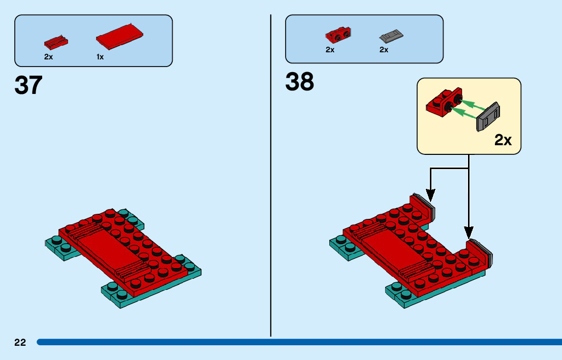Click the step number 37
(x=28, y=85)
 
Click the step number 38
(x=300, y=82)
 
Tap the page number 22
(x=20, y=343)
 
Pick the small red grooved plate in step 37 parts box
(x=56, y=41)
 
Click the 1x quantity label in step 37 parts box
(x=100, y=57)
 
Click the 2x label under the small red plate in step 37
(x=48, y=57)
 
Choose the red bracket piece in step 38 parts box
(x=338, y=35)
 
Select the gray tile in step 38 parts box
(x=391, y=36)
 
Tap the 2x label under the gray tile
(x=384, y=50)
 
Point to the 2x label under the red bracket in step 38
(x=330, y=50)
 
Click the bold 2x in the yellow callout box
(x=503, y=141)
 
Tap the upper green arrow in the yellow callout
(x=470, y=104)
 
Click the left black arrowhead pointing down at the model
(x=431, y=194)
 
